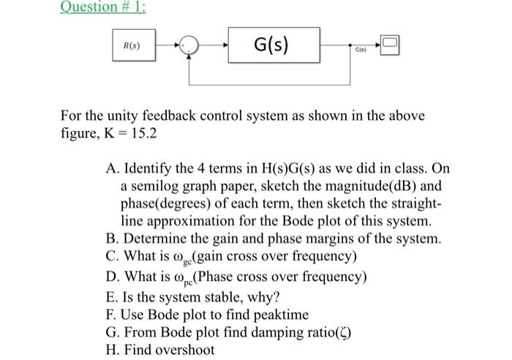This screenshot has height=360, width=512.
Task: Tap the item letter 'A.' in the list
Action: [x=113, y=170]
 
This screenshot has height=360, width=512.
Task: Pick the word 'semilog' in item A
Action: [x=155, y=187]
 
